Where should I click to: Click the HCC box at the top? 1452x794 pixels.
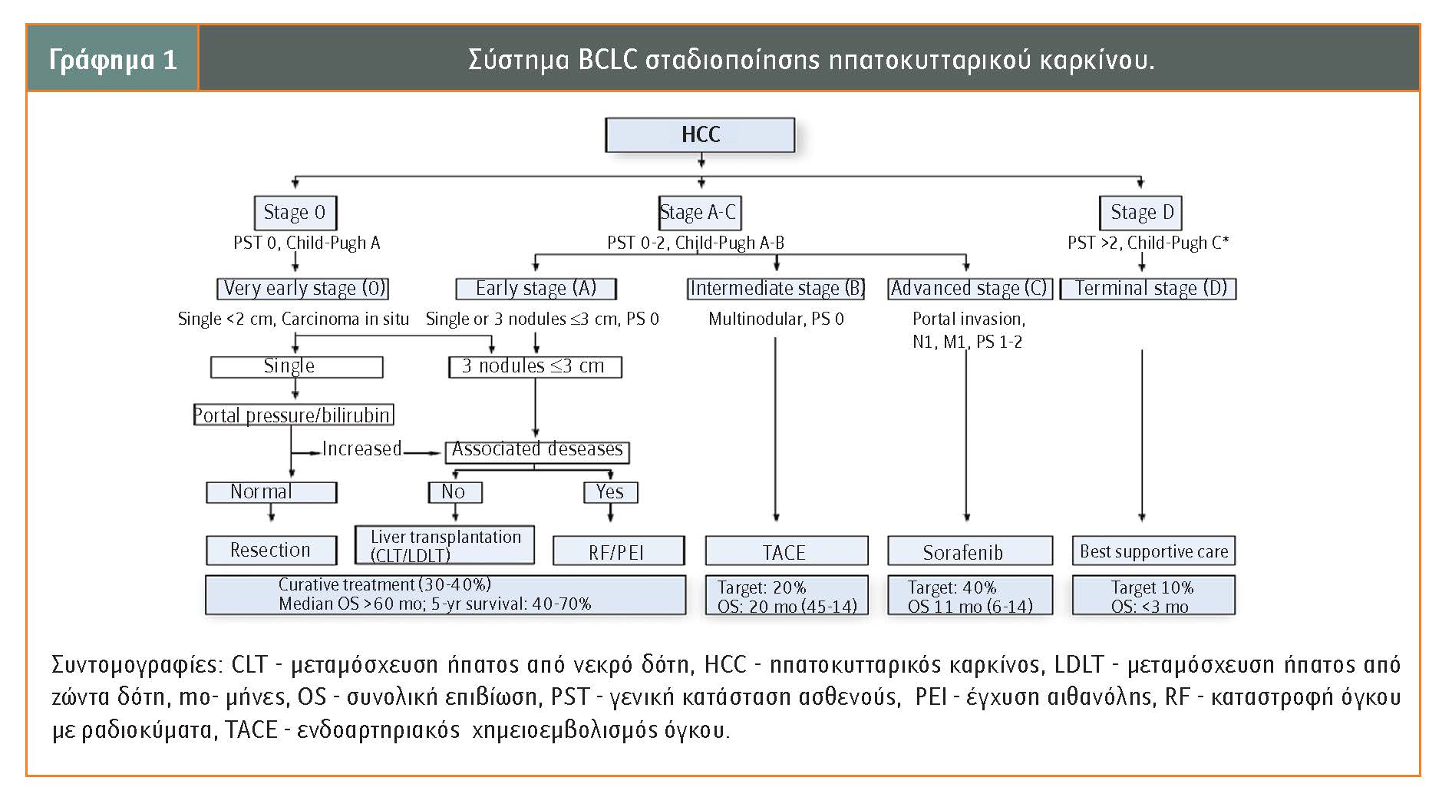coord(700,134)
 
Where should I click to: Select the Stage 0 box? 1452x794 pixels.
coord(295,213)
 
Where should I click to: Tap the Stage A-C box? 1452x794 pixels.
coord(700,213)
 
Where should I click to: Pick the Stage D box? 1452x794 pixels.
coord(1142,213)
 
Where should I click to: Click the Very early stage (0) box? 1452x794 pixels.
coord(302,289)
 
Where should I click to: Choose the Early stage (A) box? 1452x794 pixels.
coord(536,289)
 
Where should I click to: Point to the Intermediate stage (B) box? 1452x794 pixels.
coord(776,289)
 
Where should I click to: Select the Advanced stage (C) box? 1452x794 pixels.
coord(969,289)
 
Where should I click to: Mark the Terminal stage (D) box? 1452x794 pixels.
coord(1148,289)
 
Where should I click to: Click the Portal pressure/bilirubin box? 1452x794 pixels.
coord(292,415)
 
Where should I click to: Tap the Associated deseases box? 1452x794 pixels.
coord(537,452)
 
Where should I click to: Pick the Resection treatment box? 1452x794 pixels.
coord(271,551)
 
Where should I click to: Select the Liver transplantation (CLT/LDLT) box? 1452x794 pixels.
coord(444,544)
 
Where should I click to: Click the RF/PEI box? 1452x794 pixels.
coord(618,551)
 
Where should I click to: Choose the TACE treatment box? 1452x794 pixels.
coord(787,551)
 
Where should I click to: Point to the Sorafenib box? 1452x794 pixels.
coord(970,551)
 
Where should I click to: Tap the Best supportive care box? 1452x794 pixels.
coord(1153,551)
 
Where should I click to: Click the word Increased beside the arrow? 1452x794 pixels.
coord(361,448)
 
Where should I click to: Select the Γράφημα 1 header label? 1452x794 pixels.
coord(113,59)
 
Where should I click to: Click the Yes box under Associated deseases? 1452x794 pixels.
coord(610,492)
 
